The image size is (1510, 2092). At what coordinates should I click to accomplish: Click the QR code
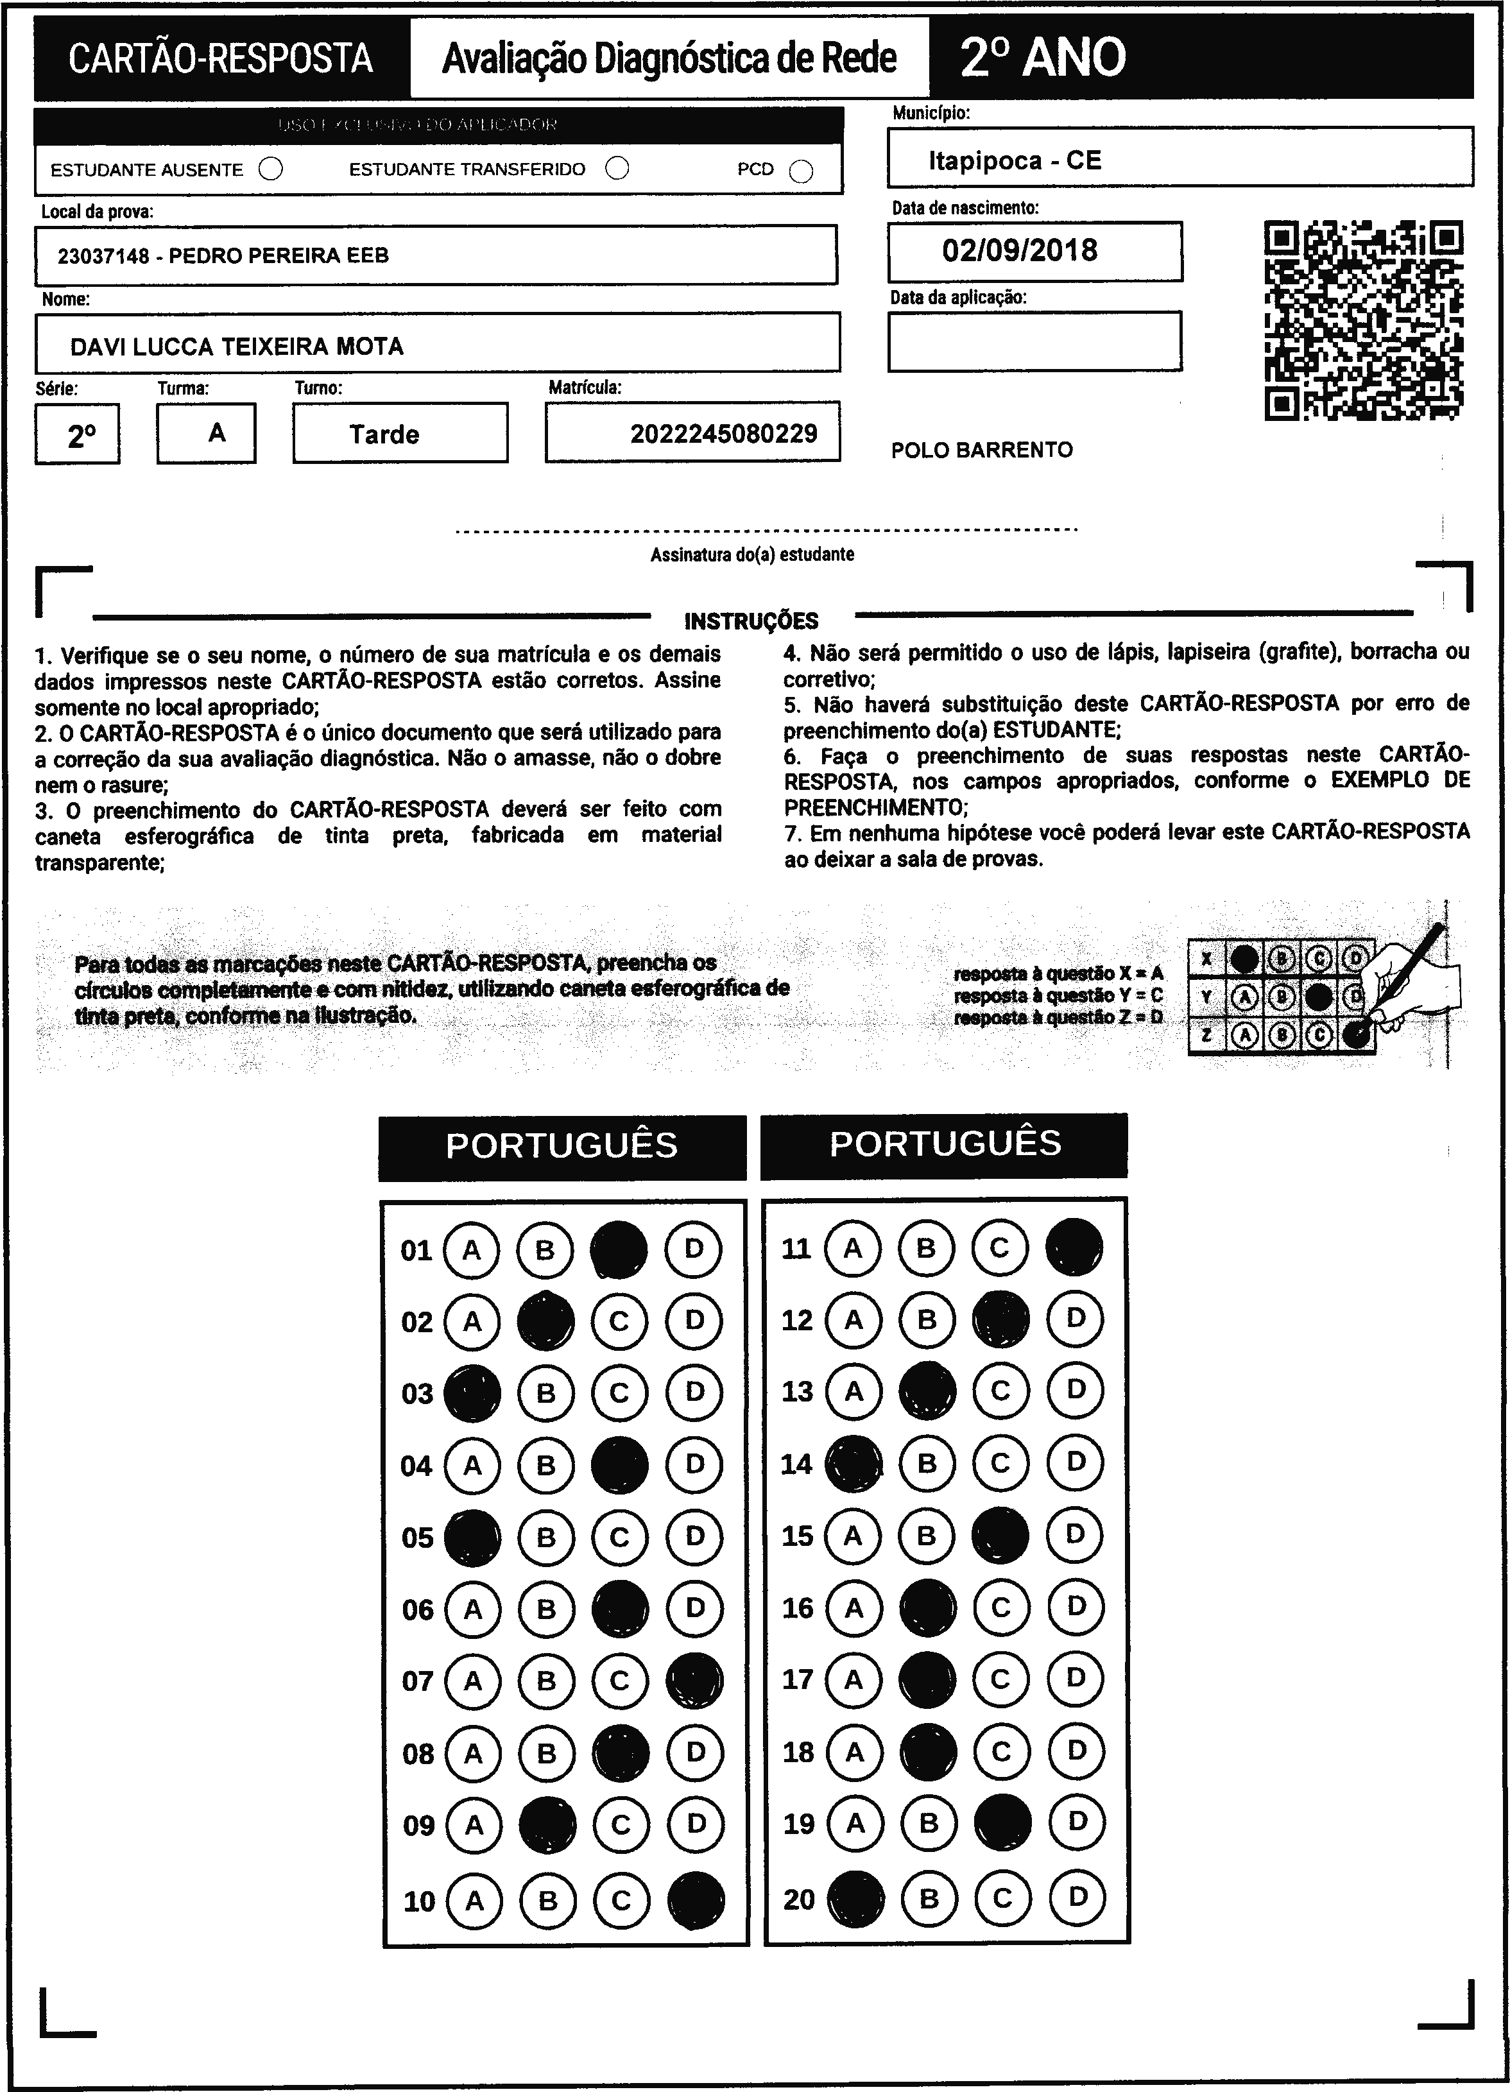tap(1362, 320)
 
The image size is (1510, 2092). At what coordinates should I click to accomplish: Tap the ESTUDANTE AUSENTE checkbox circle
tap(271, 169)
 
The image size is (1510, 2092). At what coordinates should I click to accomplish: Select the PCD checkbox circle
tap(802, 171)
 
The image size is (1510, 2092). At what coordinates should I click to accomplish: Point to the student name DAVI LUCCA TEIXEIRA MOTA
tap(237, 347)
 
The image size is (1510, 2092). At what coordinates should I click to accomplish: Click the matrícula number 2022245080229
tap(723, 434)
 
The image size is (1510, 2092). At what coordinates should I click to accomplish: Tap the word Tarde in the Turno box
tap(384, 434)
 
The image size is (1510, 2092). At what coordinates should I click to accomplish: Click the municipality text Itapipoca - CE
tap(1015, 160)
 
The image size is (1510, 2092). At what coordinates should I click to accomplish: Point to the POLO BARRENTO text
tap(981, 450)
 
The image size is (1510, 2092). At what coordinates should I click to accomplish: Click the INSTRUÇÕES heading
tap(751, 621)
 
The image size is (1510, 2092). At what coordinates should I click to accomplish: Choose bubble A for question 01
tap(472, 1250)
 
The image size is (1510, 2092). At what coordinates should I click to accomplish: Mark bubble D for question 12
tap(1075, 1319)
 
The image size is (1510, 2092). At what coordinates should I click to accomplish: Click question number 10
tap(419, 1901)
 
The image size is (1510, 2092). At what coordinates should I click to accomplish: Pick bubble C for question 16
tap(1001, 1608)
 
